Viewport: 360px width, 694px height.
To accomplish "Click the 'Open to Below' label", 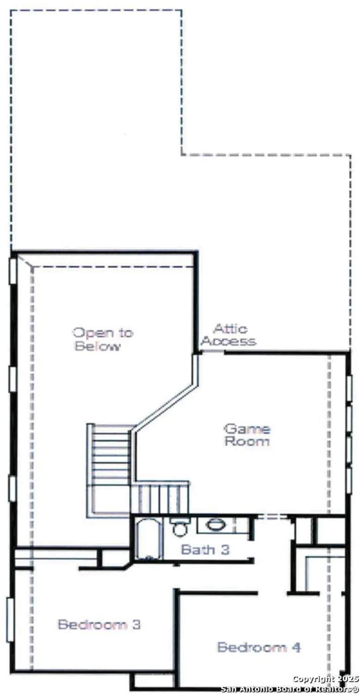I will pyautogui.click(x=102, y=339).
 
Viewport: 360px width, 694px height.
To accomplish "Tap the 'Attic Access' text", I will pyautogui.click(x=229, y=335).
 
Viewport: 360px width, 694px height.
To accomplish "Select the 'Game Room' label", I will pyautogui.click(x=247, y=435).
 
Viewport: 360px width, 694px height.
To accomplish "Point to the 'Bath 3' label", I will pyautogui.click(x=205, y=550).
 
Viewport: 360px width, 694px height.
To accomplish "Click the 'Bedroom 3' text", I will pyautogui.click(x=99, y=624).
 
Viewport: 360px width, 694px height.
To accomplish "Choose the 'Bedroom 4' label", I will pyautogui.click(x=259, y=647).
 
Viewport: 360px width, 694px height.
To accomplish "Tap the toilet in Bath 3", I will pyautogui.click(x=180, y=527).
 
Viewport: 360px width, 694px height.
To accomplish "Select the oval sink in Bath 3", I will pyautogui.click(x=215, y=525).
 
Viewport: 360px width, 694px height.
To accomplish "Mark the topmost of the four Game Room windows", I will pyautogui.click(x=349, y=388).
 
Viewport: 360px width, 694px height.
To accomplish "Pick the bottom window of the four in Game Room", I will pyautogui.click(x=349, y=480).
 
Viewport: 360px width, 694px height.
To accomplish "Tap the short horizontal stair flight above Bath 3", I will pyautogui.click(x=160, y=498).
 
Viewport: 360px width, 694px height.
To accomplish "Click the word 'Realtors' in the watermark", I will pyautogui.click(x=334, y=689).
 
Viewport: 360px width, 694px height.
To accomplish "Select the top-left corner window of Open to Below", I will pyautogui.click(x=13, y=271).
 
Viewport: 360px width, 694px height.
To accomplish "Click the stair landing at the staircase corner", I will pyautogui.click(x=111, y=500).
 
